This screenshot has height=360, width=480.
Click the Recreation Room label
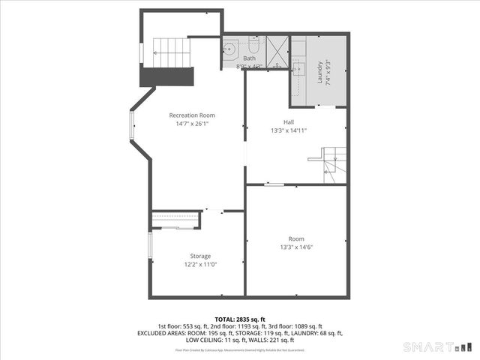(191, 115)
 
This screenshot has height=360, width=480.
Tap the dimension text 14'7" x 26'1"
(191, 124)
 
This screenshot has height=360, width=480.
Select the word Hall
(289, 121)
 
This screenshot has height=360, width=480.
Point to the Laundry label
(319, 73)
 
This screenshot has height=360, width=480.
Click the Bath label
(249, 58)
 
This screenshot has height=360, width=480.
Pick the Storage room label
(199, 256)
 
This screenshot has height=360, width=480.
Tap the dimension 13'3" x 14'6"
(296, 247)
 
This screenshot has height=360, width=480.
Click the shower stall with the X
(275, 52)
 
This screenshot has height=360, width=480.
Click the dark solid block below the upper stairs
(167, 77)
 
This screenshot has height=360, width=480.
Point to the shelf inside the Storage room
(176, 219)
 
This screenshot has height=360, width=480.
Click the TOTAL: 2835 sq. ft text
(240, 319)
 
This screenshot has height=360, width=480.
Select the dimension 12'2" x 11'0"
(199, 265)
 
